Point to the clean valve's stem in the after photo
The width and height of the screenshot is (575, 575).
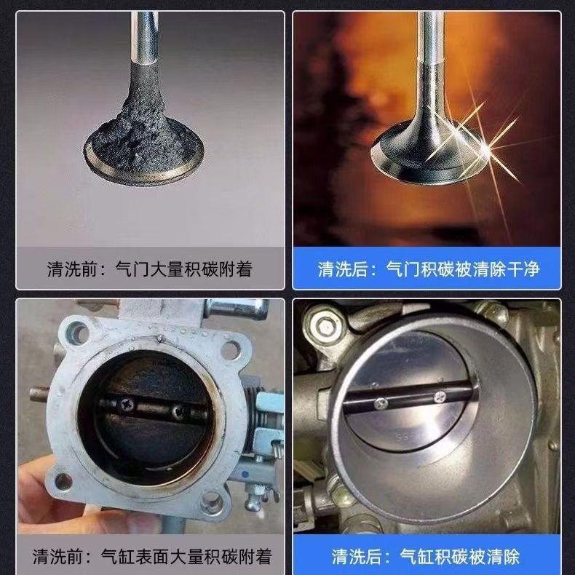tap(431, 44)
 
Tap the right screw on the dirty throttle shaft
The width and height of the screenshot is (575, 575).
tap(177, 412)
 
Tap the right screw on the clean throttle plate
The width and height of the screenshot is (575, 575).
tap(440, 396)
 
